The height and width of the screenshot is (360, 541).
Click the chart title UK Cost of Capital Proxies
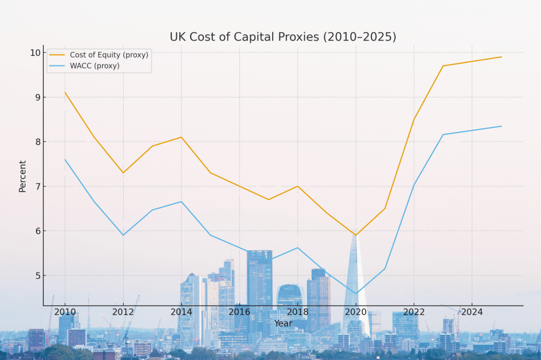coord(283,37)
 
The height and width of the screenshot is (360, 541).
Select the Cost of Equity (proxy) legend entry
coord(109,54)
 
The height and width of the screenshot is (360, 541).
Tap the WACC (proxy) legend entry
coord(95,66)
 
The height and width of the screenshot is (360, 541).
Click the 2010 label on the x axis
coord(65,312)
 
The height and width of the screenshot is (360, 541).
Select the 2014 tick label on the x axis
coord(181,312)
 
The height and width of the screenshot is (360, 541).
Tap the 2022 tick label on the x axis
coord(414,312)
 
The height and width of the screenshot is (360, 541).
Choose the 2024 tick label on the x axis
coord(472,312)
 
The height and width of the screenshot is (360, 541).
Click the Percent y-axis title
coord(23,176)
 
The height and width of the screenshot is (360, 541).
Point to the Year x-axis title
coord(283,323)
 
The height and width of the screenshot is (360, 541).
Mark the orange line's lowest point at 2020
coord(356,235)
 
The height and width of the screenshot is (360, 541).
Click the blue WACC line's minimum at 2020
coord(356,293)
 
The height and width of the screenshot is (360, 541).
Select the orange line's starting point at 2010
coord(65,92)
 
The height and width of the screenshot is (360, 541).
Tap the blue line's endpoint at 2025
coord(501,126)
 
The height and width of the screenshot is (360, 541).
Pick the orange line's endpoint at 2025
coord(501,57)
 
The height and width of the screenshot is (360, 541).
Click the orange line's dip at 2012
coord(123,173)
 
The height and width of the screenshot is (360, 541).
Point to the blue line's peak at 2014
coord(181,202)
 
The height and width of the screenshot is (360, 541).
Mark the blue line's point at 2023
coord(443,135)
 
